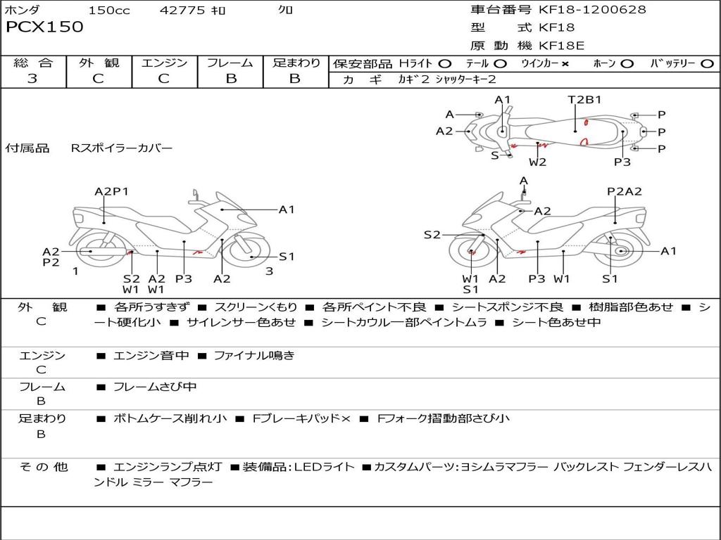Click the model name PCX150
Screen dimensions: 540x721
(44, 27)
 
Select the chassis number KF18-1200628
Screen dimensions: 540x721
(592, 10)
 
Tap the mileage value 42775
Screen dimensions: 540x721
(182, 10)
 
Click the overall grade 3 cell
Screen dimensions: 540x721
(32, 79)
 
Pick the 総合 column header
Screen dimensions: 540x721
(32, 63)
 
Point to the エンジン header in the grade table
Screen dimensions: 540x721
(164, 63)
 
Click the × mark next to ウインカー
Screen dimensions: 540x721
(565, 63)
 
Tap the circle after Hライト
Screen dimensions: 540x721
(445, 63)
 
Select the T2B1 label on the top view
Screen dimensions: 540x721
(584, 99)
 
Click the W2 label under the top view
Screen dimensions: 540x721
(538, 162)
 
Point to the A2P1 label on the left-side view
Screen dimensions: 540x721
(111, 191)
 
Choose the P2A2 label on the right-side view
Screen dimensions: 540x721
(625, 191)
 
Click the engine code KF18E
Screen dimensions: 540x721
(561, 46)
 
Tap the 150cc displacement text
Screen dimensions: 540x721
(109, 10)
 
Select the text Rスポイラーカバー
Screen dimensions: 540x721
(121, 148)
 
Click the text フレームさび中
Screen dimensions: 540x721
(155, 387)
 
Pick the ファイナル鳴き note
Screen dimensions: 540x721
(254, 356)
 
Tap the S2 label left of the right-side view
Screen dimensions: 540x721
(432, 235)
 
